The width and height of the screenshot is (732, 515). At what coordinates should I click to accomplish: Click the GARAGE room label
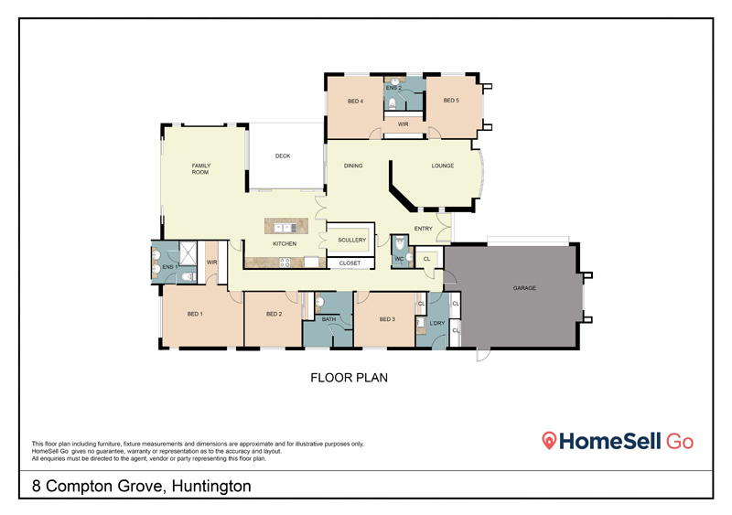click(x=524, y=288)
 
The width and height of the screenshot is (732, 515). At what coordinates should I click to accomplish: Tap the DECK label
click(x=283, y=156)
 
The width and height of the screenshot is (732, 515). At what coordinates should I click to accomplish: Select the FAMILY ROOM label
click(x=200, y=168)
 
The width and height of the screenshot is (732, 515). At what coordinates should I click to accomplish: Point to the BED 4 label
click(x=355, y=101)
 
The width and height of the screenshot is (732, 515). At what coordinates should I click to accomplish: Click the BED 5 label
click(x=451, y=101)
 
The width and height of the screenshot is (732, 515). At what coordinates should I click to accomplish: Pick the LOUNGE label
click(x=443, y=166)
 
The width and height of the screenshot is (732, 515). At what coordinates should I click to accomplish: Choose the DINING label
click(x=353, y=166)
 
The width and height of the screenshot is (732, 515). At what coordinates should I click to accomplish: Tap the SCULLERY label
click(x=352, y=240)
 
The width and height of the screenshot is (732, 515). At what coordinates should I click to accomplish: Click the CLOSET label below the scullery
click(x=350, y=263)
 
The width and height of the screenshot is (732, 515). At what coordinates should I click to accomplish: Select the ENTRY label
click(x=424, y=229)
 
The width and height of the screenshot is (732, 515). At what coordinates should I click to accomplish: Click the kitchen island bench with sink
click(x=286, y=226)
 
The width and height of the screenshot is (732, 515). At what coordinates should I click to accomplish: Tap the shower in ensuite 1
click(x=188, y=252)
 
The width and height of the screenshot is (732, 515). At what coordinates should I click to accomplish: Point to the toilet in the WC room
click(x=400, y=243)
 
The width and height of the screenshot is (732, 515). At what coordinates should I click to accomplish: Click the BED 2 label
click(x=274, y=315)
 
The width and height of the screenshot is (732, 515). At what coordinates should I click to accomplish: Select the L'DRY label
click(x=437, y=323)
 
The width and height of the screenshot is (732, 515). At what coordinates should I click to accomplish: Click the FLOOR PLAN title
click(x=350, y=378)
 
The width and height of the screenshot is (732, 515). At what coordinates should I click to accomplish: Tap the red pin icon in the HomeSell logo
click(x=549, y=440)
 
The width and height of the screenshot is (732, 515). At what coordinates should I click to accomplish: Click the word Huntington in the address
click(x=211, y=486)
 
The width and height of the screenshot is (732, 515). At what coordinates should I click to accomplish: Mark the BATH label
click(x=328, y=319)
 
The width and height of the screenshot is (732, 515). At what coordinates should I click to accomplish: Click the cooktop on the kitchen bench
click(x=285, y=263)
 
